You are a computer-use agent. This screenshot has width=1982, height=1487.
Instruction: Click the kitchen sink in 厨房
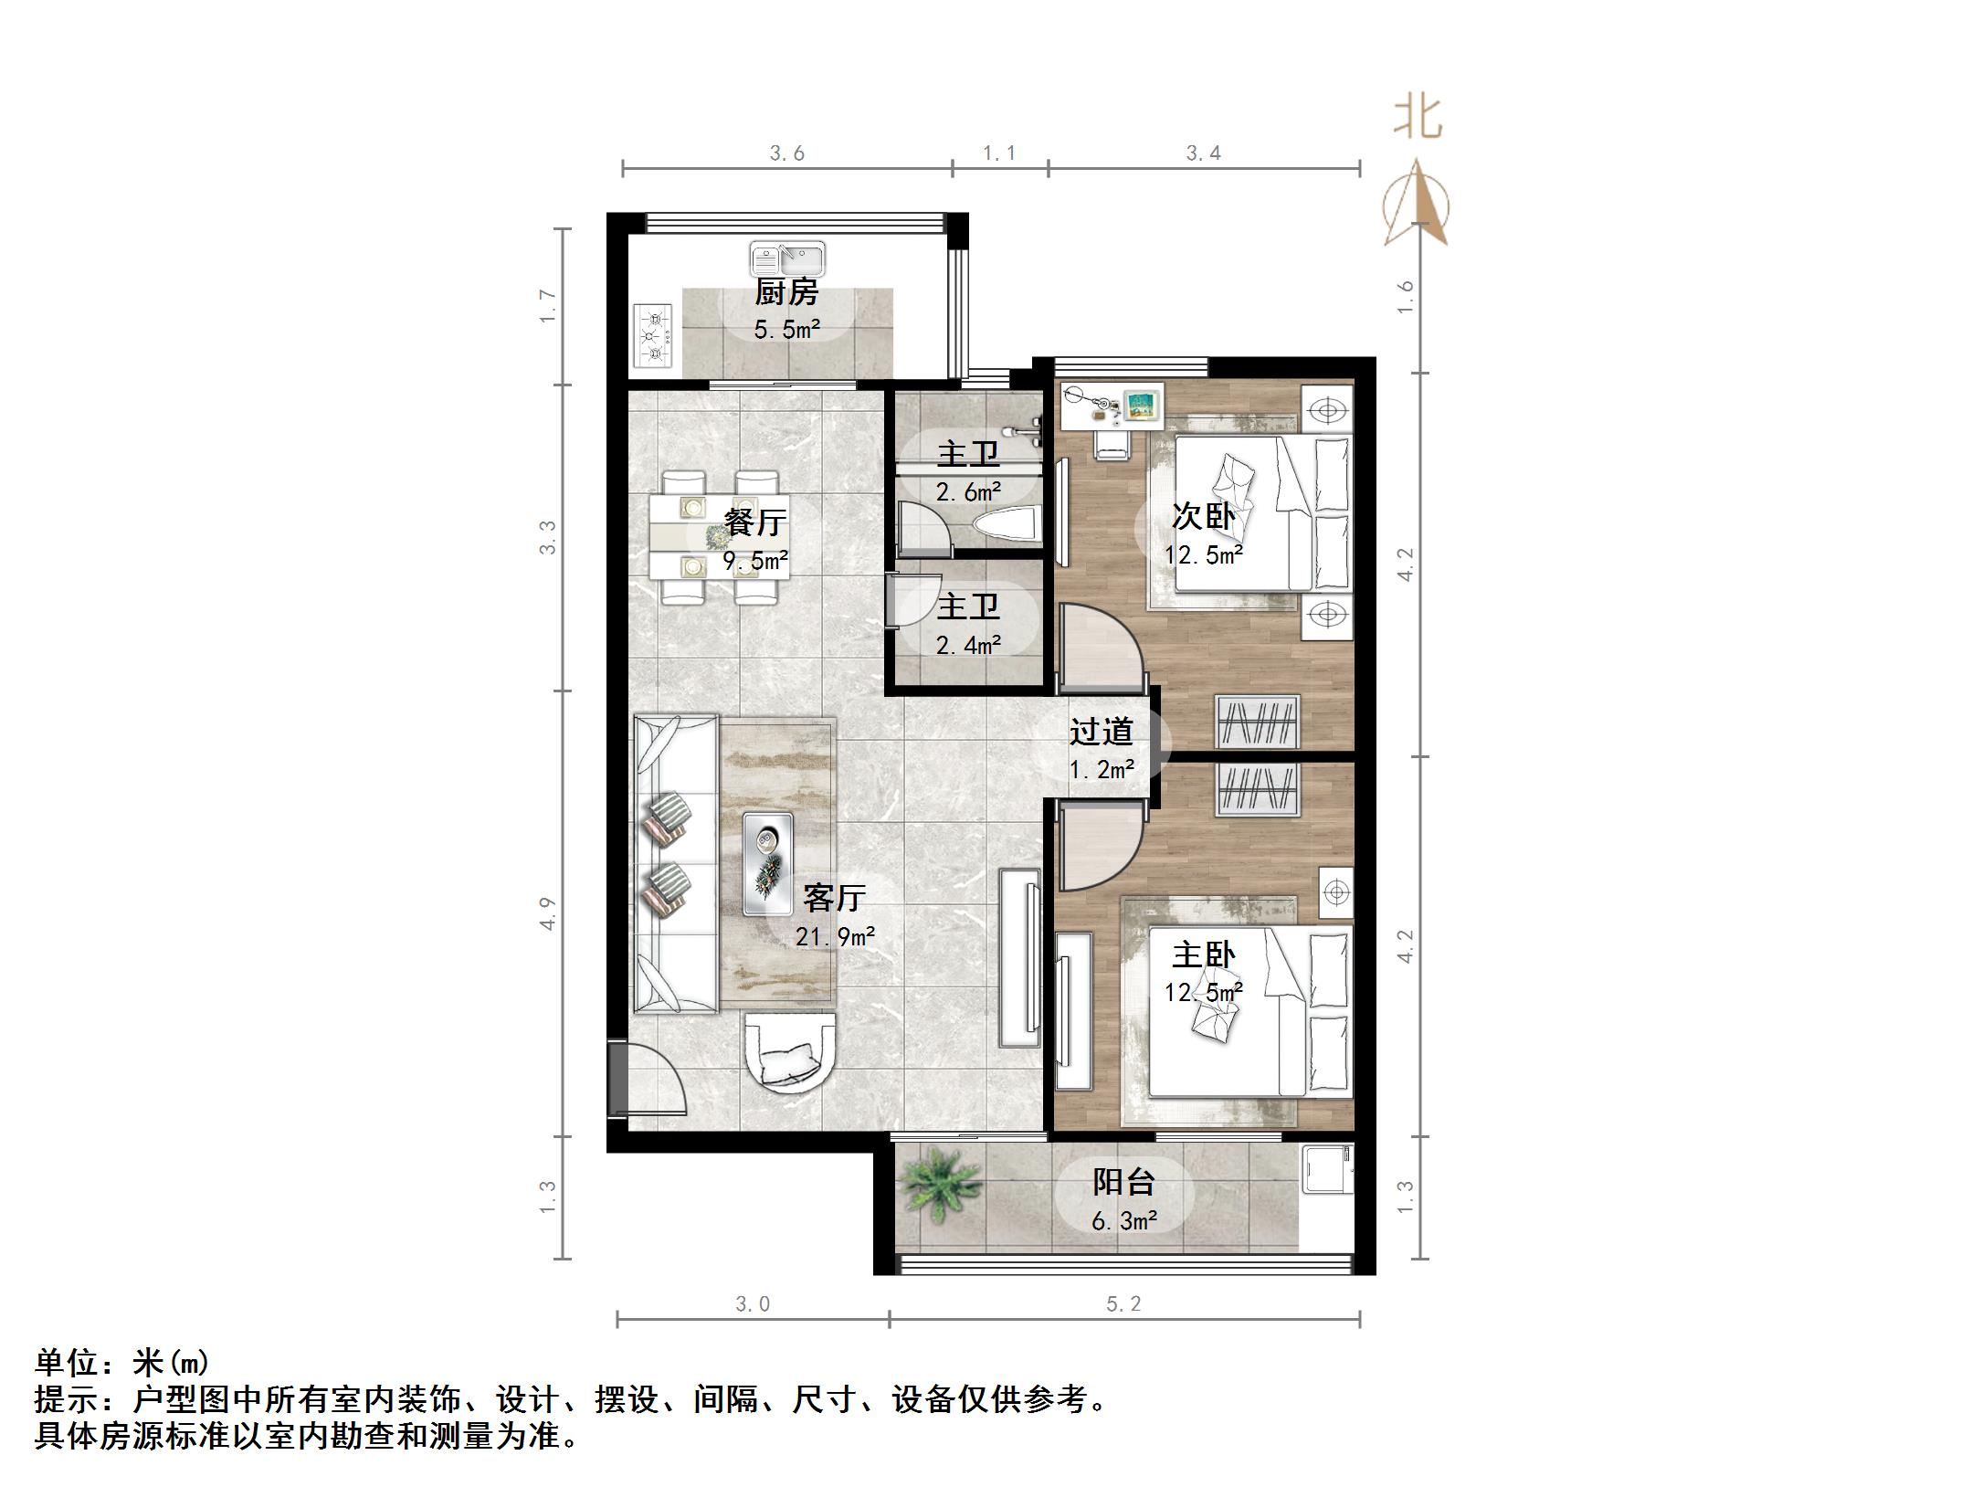coord(787,259)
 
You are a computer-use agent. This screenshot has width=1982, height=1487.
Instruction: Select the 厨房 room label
coord(786,292)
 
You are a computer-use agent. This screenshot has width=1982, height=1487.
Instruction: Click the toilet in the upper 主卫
coord(1007,524)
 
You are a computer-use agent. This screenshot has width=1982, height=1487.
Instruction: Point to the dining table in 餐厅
coord(719,537)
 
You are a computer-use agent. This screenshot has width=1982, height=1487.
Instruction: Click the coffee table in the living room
coord(767,863)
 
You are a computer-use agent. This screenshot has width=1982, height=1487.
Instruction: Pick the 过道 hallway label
coord(1102,732)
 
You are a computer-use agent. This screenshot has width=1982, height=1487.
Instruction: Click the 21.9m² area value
coord(835,936)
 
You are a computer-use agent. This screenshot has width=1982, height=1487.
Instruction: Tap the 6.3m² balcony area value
coord(1124,1220)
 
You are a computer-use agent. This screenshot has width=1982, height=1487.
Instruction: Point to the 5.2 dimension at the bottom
coord(1123,1304)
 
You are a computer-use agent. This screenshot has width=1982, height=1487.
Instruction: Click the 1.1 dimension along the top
coord(999,153)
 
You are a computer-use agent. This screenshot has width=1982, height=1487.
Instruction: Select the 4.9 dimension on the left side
coord(547,913)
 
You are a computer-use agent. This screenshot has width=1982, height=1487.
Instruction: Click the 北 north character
coord(1417,119)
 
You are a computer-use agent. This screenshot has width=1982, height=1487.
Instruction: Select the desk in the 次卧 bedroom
coord(1112,406)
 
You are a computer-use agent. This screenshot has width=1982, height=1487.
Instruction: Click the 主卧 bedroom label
coord(1204,955)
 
